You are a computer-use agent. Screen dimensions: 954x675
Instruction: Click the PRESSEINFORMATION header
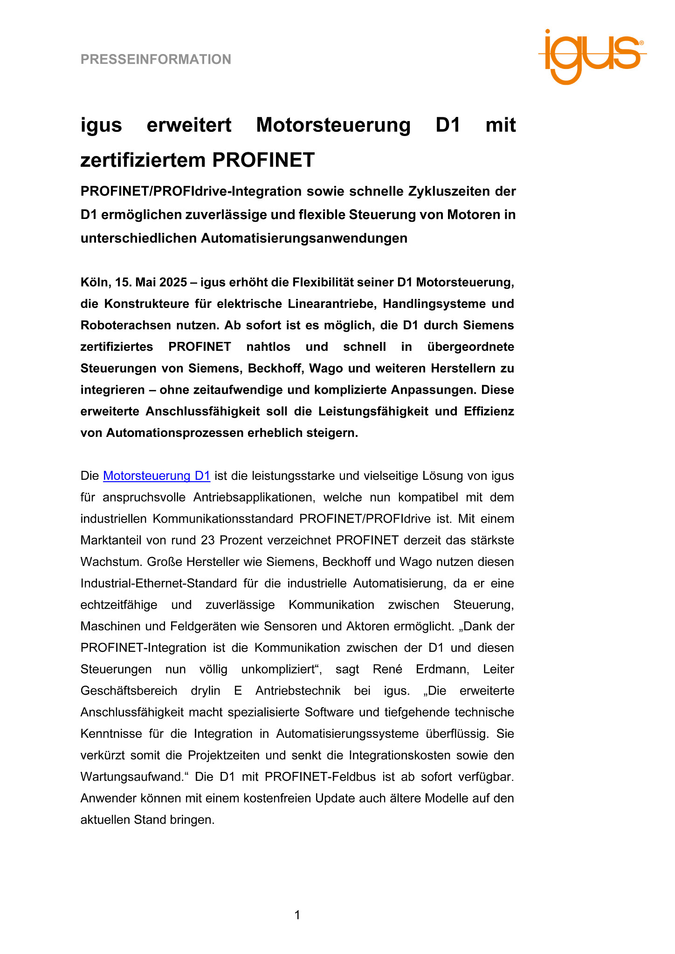coord(156,60)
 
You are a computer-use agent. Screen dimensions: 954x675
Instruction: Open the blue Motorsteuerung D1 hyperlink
coord(157,476)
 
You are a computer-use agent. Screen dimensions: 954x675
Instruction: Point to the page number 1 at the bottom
coord(297,915)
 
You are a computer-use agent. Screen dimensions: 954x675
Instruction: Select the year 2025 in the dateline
coord(173,282)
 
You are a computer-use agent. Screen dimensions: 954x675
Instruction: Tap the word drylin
coord(206,691)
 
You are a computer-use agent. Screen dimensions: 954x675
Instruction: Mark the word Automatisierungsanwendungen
coord(304,238)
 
